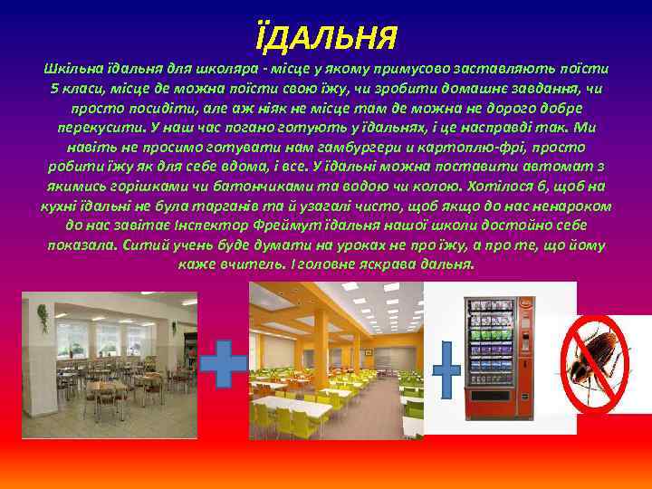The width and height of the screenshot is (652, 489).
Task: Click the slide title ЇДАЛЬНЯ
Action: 325,37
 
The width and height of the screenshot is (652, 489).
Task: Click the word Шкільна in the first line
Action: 69,68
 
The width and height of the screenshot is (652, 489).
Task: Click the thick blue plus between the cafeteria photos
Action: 223,364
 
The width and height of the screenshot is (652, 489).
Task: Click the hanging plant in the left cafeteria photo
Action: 43,318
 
